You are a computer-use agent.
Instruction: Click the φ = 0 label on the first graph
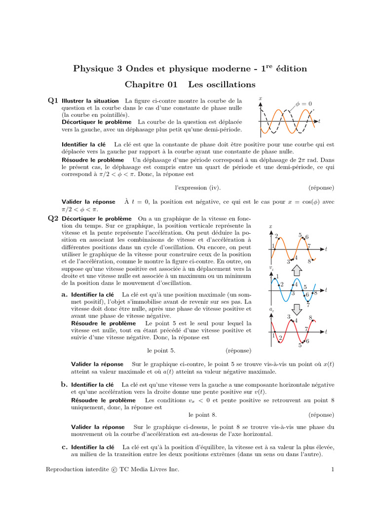coord(304,104)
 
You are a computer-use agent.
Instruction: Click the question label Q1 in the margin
coord(53,101)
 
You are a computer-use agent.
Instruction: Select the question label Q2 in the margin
coord(53,218)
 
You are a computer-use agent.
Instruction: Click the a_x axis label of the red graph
coord(272,310)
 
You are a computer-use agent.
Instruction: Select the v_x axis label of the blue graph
coord(272,267)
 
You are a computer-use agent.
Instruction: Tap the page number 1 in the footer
coord(334,469)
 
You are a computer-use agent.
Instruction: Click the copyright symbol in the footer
coord(114,469)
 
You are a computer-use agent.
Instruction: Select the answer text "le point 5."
coord(161,351)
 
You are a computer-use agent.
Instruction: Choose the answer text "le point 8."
coord(203,415)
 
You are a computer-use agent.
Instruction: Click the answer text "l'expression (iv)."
coord(198,187)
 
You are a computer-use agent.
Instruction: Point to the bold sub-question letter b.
coord(64,384)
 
